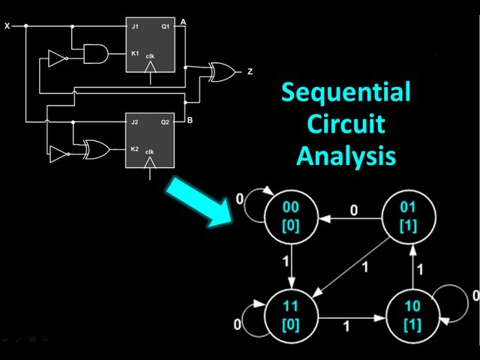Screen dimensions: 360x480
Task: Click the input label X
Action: tap(7, 25)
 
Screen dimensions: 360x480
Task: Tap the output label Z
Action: tap(250, 72)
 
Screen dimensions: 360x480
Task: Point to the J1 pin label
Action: tap(135, 27)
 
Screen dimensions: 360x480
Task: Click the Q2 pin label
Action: tap(166, 121)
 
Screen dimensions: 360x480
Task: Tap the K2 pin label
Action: tap(135, 149)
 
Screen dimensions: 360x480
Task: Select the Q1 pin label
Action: tap(166, 27)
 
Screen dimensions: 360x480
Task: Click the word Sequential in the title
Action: tap(346, 94)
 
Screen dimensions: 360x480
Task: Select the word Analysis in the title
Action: tap(346, 157)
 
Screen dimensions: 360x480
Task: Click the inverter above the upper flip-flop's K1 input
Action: tap(57, 59)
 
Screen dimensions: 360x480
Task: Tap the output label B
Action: tap(190, 120)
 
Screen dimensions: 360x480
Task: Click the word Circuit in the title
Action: tap(346, 125)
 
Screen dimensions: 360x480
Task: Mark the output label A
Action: tap(183, 22)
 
